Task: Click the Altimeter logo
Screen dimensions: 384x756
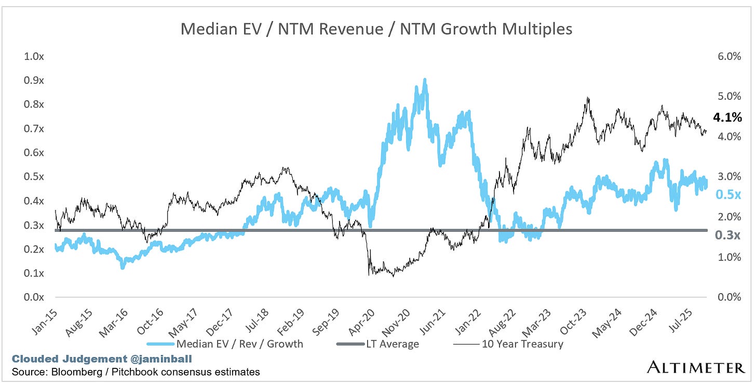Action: tap(696, 368)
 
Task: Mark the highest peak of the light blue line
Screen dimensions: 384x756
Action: tap(425, 80)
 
